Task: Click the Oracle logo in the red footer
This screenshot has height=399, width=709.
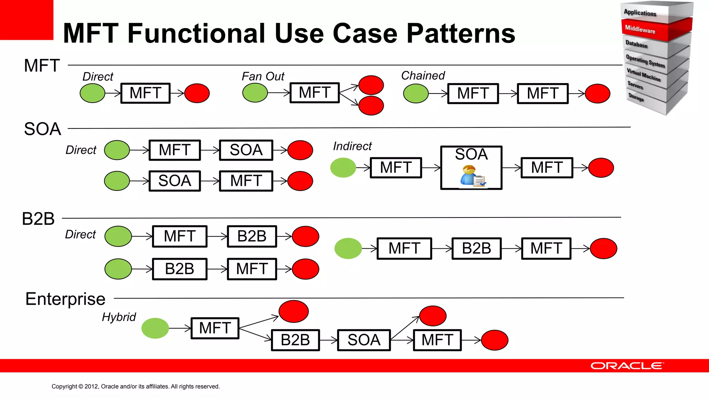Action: [627, 366]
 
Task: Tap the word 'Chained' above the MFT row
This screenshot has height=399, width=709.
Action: [423, 76]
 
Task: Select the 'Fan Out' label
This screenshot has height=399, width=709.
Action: [263, 76]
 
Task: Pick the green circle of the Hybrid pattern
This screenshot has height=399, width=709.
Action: [155, 328]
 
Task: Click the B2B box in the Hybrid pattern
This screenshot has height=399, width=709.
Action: [295, 340]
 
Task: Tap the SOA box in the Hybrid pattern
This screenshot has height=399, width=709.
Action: [364, 340]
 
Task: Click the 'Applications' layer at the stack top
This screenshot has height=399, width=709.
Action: [640, 13]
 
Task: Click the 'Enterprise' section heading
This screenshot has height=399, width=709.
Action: [65, 299]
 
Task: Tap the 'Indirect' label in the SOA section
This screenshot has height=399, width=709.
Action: [352, 146]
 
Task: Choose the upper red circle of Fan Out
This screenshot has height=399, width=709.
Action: [371, 85]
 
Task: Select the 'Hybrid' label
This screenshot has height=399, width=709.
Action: [119, 317]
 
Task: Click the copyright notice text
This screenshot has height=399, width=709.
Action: [135, 386]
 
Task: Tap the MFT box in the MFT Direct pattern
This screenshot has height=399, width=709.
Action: [145, 93]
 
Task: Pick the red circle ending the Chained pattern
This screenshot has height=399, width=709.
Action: [598, 94]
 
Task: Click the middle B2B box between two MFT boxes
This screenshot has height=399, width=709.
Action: [476, 248]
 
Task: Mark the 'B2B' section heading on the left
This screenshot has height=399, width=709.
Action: [38, 219]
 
